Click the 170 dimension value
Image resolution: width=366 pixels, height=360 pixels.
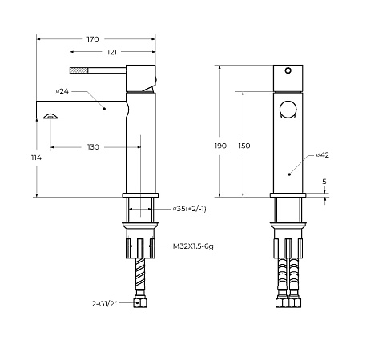point(93,39)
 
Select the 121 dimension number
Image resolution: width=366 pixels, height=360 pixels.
point(112,52)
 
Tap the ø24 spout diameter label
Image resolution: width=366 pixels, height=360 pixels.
point(62,91)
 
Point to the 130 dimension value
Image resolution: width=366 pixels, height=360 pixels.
point(93,147)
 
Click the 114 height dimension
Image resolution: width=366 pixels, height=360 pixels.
point(36,158)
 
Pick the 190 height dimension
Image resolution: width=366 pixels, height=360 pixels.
point(220,146)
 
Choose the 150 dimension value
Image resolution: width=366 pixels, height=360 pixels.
point(244,146)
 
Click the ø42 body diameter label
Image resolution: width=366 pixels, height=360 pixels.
point(323,155)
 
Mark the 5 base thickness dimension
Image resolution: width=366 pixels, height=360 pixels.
point(324,182)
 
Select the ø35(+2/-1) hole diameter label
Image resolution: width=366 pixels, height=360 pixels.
point(190,209)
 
